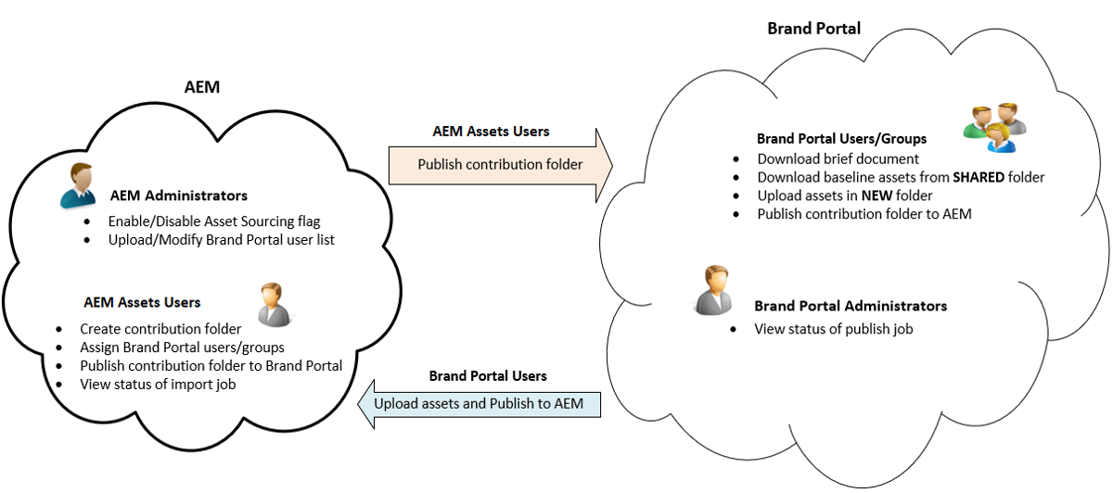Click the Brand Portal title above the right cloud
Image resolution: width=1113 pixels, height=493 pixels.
coord(813,28)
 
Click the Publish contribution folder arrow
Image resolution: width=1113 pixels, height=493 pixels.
coord(500,165)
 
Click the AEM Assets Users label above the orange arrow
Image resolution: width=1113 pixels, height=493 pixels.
coord(491,132)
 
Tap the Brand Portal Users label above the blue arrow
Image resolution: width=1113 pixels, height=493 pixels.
coord(488,376)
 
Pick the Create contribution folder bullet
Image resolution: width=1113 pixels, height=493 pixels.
coord(160,329)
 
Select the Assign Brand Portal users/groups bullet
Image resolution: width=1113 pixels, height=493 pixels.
coord(182,348)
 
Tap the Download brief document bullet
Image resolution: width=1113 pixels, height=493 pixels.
coord(838,158)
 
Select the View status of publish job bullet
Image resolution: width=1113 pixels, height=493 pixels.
coord(834,329)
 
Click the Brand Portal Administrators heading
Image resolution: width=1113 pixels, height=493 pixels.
coord(851,306)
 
